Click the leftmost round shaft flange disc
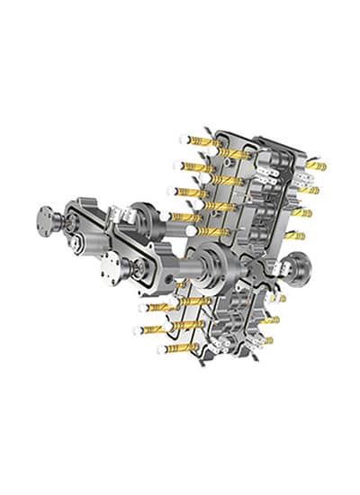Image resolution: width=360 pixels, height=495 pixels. point(47,219)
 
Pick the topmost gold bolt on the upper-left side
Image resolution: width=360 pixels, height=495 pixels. point(203,141)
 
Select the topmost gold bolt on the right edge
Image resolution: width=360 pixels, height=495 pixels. point(314,166)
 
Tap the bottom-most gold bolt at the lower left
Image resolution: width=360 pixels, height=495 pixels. point(177,346)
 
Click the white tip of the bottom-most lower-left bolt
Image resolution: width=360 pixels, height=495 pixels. point(159,349)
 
